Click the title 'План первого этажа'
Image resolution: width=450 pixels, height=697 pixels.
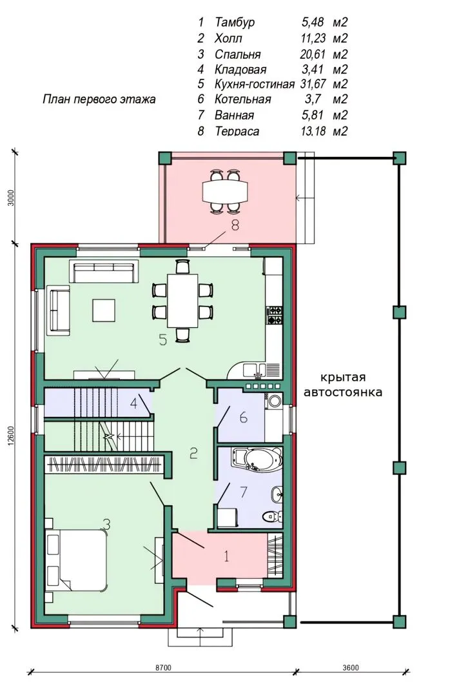point(99,99)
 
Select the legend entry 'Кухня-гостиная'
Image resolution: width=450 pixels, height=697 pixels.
point(255,84)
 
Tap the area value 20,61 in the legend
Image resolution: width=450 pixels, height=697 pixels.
point(313,54)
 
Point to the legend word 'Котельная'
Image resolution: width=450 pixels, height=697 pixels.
point(242,99)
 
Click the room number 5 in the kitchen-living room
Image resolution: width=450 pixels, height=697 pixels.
point(163,340)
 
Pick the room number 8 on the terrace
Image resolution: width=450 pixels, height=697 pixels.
point(235,225)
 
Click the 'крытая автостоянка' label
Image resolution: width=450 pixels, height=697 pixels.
point(343,385)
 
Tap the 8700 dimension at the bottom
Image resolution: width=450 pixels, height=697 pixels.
point(163,668)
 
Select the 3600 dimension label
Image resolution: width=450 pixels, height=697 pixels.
point(351,668)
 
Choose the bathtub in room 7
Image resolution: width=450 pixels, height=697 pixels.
point(258,459)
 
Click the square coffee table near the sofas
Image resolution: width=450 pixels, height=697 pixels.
point(104,310)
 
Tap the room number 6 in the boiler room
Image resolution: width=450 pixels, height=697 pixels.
point(243,418)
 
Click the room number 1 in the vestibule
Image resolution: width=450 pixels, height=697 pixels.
point(226,556)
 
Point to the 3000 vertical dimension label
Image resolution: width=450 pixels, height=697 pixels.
point(12,198)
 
